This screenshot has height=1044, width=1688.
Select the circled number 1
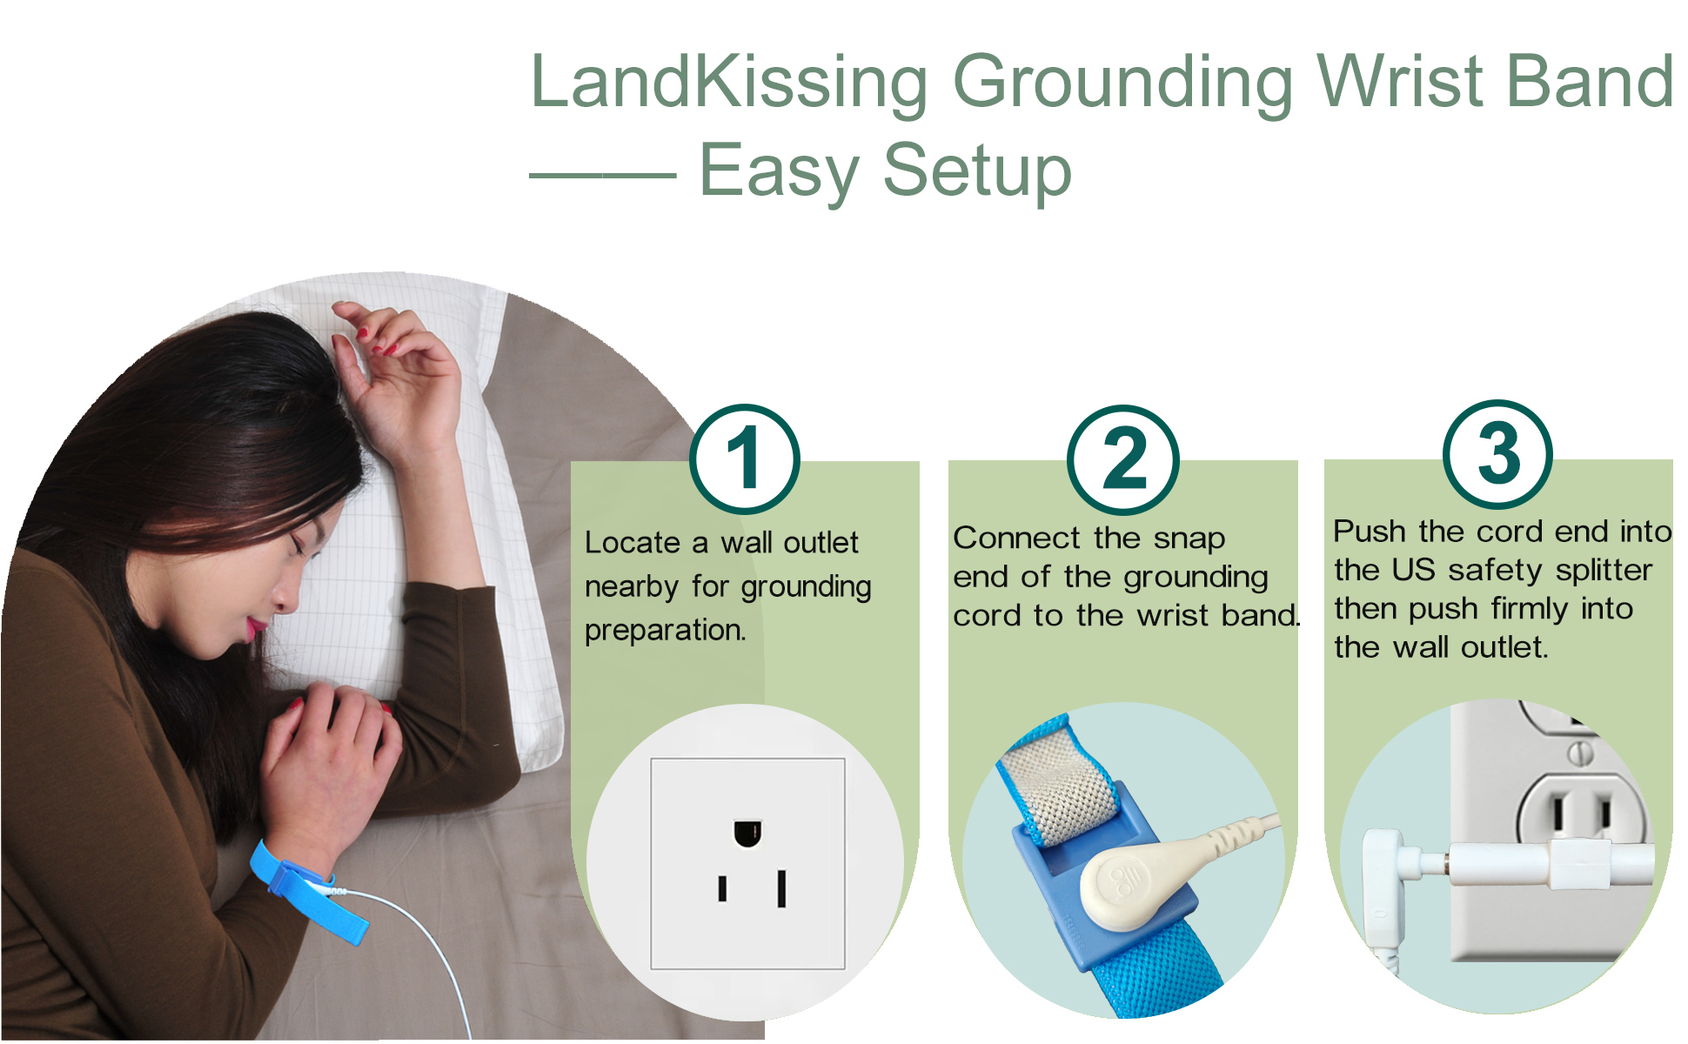coord(745,458)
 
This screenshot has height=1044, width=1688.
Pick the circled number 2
coord(1122,459)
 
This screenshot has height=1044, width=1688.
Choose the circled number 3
coord(1497,454)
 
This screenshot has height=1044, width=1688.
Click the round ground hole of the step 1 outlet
coord(747,833)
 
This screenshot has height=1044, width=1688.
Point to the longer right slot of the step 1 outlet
coord(781,888)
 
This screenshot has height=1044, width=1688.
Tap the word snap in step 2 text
coord(1189,539)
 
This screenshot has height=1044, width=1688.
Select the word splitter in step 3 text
coord(1604,570)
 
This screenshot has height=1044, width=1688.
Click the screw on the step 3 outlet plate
coord(1582,753)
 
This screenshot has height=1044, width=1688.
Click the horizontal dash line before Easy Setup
coord(602,175)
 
